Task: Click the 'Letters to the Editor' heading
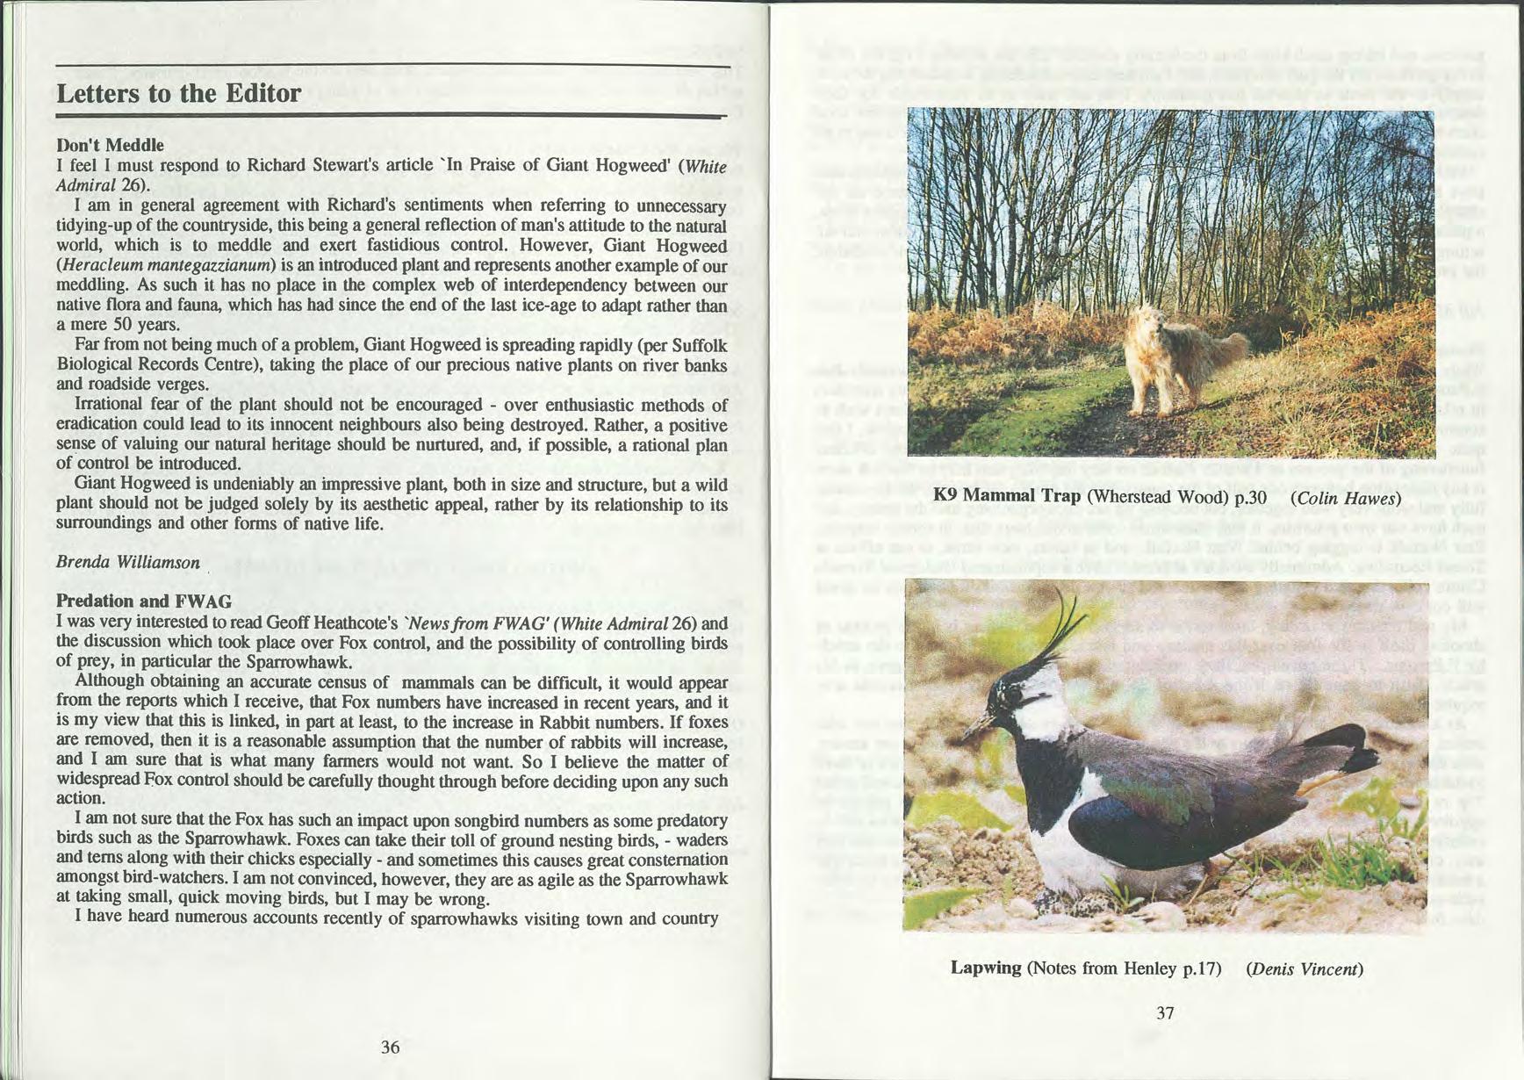click(178, 94)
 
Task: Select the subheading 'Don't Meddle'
click(110, 145)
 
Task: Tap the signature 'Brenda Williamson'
click(128, 562)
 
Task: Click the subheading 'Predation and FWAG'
click(144, 601)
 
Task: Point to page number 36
click(391, 1047)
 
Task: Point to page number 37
click(1165, 1012)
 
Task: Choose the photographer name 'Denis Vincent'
click(1304, 968)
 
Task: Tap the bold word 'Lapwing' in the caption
click(986, 968)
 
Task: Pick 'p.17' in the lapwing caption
click(1203, 968)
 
